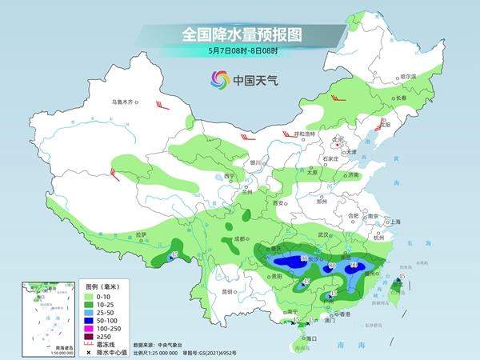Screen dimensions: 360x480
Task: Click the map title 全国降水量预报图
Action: point(240,34)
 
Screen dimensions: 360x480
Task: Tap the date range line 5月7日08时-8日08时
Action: point(240,50)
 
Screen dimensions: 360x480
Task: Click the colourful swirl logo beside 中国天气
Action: point(219,79)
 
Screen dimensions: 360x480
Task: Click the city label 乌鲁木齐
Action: point(123,102)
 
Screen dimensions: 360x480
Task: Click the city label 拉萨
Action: point(142,234)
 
